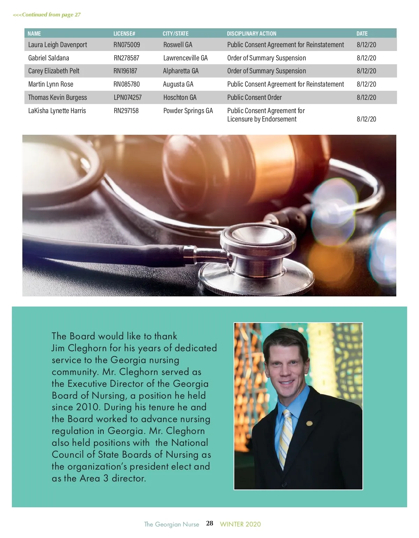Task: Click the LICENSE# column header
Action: click(124, 34)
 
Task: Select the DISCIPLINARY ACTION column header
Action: click(251, 34)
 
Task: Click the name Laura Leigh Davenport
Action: click(58, 45)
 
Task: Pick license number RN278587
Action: click(126, 58)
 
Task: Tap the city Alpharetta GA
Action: click(181, 71)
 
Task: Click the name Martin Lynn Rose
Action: click(51, 84)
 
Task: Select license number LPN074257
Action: click(127, 97)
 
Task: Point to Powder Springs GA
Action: click(188, 111)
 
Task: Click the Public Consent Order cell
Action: click(254, 97)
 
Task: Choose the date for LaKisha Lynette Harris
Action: click(366, 119)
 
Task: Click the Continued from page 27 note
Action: click(47, 15)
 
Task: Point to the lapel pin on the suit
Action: click(309, 423)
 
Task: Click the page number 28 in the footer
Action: click(209, 523)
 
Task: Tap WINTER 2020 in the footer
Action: click(240, 524)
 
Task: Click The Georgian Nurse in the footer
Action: click(171, 524)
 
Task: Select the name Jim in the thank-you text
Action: click(58, 348)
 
